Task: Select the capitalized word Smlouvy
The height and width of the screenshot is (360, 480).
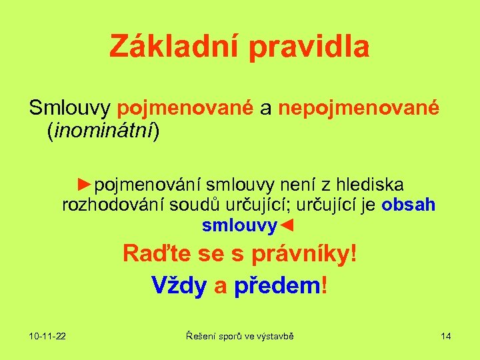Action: (69, 108)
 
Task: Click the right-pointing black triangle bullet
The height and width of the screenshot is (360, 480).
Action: (84, 183)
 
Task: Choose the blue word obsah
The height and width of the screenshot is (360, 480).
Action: (409, 205)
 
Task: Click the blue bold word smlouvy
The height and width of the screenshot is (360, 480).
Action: (238, 226)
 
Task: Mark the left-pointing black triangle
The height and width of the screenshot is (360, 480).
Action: (285, 226)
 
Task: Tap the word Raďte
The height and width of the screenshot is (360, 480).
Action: (155, 254)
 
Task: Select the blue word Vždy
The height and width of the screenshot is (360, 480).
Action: (179, 285)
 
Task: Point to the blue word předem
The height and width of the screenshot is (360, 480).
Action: (277, 285)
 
